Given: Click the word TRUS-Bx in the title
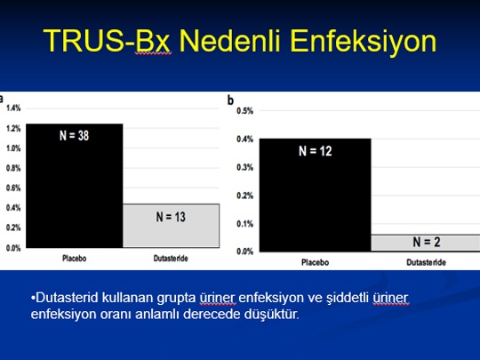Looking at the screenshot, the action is [x=107, y=40].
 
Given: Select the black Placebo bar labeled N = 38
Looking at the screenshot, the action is [x=75, y=186].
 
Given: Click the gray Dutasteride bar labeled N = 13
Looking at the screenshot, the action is [x=172, y=226].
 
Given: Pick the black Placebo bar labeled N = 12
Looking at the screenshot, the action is [x=316, y=196].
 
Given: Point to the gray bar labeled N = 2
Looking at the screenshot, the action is [x=426, y=243].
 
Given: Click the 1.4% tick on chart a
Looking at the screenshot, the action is [x=13, y=108].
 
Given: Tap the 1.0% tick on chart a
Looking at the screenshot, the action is [x=13, y=148].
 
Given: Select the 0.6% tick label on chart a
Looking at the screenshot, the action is [x=13, y=188].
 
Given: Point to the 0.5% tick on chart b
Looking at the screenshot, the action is [x=245, y=111].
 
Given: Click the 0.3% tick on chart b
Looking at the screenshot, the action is [x=245, y=167].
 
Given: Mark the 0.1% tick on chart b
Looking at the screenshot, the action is [x=245, y=224].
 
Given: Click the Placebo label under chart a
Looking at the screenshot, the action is [x=75, y=259].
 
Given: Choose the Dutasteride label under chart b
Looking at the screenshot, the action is [x=426, y=262].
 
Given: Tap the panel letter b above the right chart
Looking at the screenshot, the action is [x=230, y=100].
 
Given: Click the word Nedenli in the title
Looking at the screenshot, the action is [x=230, y=40].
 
